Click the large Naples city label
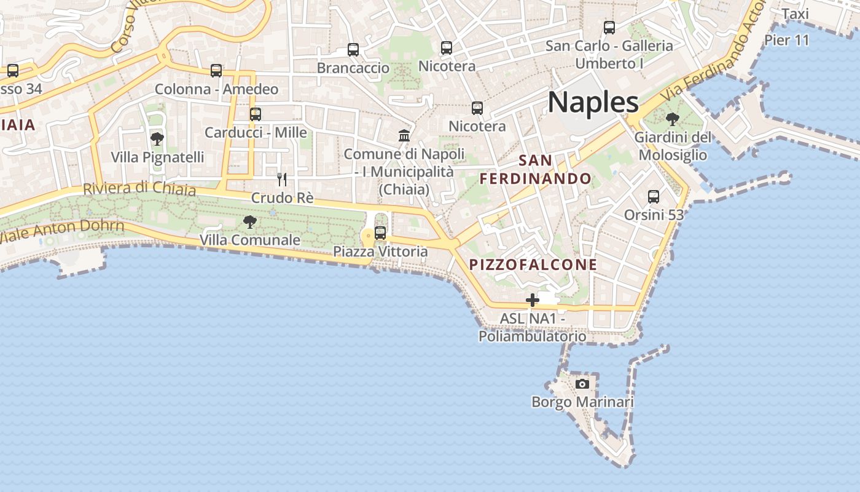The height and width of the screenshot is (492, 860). point(593,102)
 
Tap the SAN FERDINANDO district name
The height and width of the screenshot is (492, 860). point(536,170)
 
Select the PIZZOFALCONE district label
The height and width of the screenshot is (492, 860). point(533,265)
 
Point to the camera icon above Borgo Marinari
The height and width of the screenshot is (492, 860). point(582,384)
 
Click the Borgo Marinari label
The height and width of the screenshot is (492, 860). point(582,402)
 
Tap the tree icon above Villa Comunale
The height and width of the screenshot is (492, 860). point(250,222)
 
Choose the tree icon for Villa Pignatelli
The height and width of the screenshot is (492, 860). point(157,139)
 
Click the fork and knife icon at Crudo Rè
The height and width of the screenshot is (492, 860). point(282,180)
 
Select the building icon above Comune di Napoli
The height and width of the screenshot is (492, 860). point(404,135)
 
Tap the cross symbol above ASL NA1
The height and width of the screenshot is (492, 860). point(532,301)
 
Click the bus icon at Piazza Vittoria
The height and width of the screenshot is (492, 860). point(380,233)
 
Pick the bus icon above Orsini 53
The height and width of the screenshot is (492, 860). point(654,197)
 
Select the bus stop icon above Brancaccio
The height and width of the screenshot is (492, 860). point(353,50)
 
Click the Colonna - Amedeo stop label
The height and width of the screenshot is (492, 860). point(216,89)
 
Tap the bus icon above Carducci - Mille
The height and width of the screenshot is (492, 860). point(256,114)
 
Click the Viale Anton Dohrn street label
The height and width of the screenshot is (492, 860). point(61,232)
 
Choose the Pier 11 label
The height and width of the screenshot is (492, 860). point(787,41)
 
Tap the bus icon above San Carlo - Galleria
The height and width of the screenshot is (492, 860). point(609,28)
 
